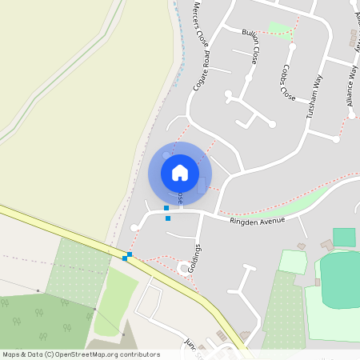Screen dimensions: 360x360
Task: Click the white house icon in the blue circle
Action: tap(180, 172)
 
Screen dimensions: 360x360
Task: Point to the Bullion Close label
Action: tap(250, 46)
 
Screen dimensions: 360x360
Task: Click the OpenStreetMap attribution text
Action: tap(81, 354)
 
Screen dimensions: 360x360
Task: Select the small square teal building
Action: tap(344, 237)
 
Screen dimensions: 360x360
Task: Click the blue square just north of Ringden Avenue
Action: tap(166, 208)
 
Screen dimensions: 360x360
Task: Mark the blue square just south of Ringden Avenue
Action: tap(168, 218)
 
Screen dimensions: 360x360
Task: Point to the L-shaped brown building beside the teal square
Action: tap(327, 244)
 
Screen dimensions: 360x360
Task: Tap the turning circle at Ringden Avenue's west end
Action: tap(134, 228)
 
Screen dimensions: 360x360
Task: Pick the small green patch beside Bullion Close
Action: tap(279, 30)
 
